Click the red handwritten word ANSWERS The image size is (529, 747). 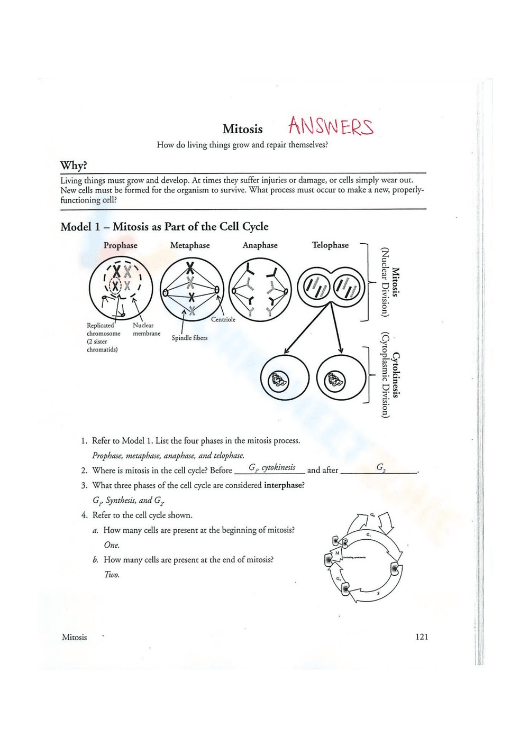(331, 126)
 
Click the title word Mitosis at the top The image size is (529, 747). (242, 129)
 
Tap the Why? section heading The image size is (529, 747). (74, 165)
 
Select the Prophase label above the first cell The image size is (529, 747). (120, 245)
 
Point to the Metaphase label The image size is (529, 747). (190, 245)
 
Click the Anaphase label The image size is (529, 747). (260, 245)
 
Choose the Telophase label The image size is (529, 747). (330, 245)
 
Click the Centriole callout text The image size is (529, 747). (223, 319)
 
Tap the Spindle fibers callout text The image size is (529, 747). (189, 338)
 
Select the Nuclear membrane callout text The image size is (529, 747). (146, 329)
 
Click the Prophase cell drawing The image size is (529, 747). (121, 289)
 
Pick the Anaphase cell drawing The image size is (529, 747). (260, 289)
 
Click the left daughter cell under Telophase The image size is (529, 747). (285, 379)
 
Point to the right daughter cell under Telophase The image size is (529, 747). (341, 379)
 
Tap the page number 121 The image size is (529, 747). (421, 637)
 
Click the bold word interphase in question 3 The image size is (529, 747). (284, 485)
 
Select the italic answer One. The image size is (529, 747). (112, 545)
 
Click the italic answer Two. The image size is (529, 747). (112, 575)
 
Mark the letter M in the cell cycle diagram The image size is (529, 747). (337, 553)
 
